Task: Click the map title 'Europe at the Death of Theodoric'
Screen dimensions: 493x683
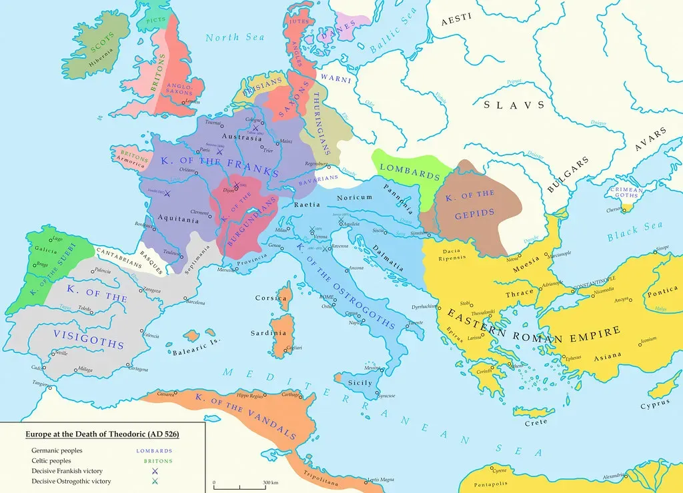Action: coord(102,434)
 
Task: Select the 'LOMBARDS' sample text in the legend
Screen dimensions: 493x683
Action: coord(154,451)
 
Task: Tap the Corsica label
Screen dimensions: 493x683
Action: coord(271,298)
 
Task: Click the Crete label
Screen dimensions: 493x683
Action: coord(535,422)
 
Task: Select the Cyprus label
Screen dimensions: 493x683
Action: coord(654,405)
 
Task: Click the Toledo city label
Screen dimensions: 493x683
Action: coord(85,309)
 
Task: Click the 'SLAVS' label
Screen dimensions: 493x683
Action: coord(514,105)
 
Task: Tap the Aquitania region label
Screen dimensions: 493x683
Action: coord(178,219)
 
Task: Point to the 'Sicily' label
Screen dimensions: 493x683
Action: coord(360,383)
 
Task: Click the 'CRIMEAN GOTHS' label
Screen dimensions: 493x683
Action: coord(626,194)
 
